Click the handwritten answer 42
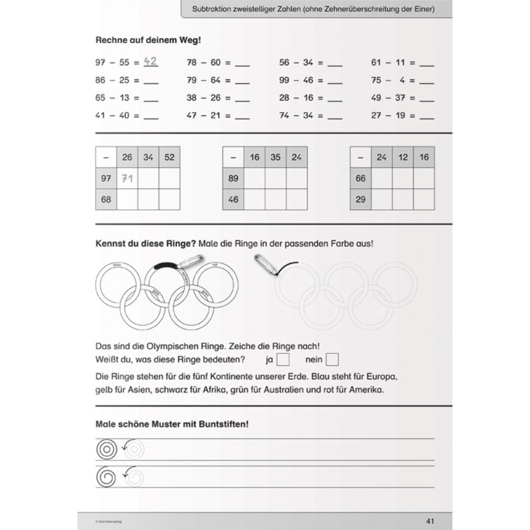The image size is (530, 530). click(150, 63)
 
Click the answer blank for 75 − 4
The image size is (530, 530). click(427, 81)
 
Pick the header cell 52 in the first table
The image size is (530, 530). click(170, 158)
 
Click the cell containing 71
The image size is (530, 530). click(127, 178)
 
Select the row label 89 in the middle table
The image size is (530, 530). click(233, 178)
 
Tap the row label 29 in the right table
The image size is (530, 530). click(360, 199)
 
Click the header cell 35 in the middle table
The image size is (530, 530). click(276, 158)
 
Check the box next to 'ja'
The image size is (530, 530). click(283, 360)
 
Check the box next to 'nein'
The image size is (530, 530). click(333, 360)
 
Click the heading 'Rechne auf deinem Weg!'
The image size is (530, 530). click(149, 39)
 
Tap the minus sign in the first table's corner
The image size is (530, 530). click(106, 158)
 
